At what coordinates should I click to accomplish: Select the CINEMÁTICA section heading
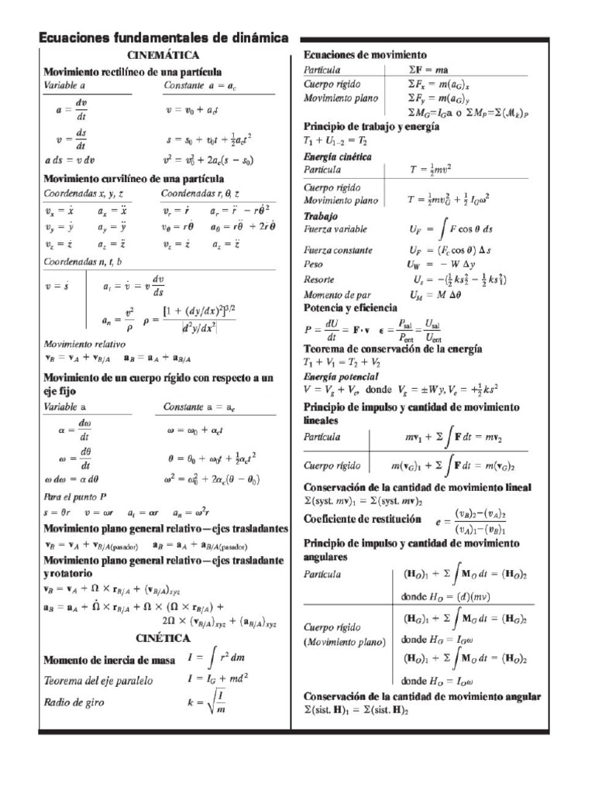click(x=163, y=56)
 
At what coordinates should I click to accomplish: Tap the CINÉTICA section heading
click(x=163, y=638)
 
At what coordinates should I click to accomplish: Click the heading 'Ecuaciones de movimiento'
click(x=365, y=55)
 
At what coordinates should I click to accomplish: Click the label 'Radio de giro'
click(x=73, y=702)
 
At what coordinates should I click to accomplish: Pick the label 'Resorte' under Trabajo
click(x=319, y=279)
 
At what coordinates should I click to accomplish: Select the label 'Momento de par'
click(x=335, y=294)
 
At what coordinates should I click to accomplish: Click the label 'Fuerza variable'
click(x=335, y=230)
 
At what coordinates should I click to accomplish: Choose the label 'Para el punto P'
click(x=75, y=496)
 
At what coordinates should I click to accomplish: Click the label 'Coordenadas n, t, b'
click(x=82, y=262)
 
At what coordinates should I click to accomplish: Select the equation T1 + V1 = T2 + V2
click(x=342, y=362)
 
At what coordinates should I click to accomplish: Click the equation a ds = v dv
click(x=69, y=161)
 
